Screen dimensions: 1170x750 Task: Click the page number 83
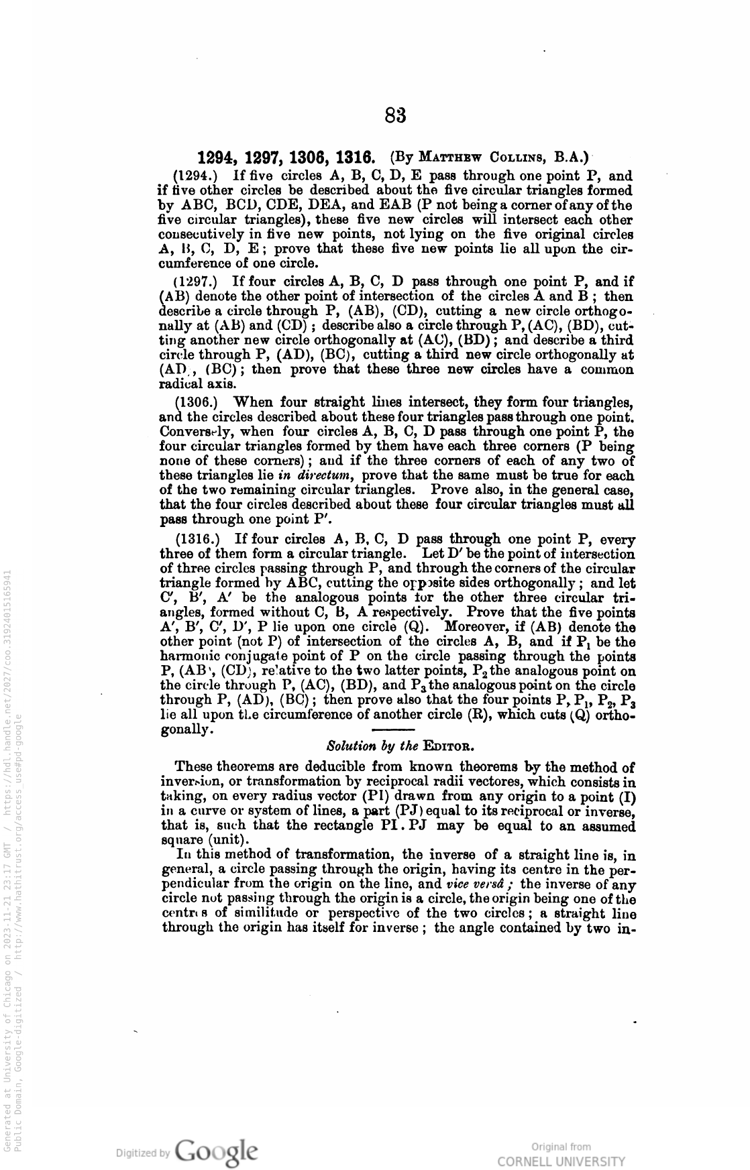pyautogui.click(x=396, y=116)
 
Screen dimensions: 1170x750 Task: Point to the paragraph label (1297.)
pyautogui.click(x=195, y=282)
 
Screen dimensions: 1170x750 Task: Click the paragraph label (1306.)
pyautogui.click(x=196, y=403)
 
